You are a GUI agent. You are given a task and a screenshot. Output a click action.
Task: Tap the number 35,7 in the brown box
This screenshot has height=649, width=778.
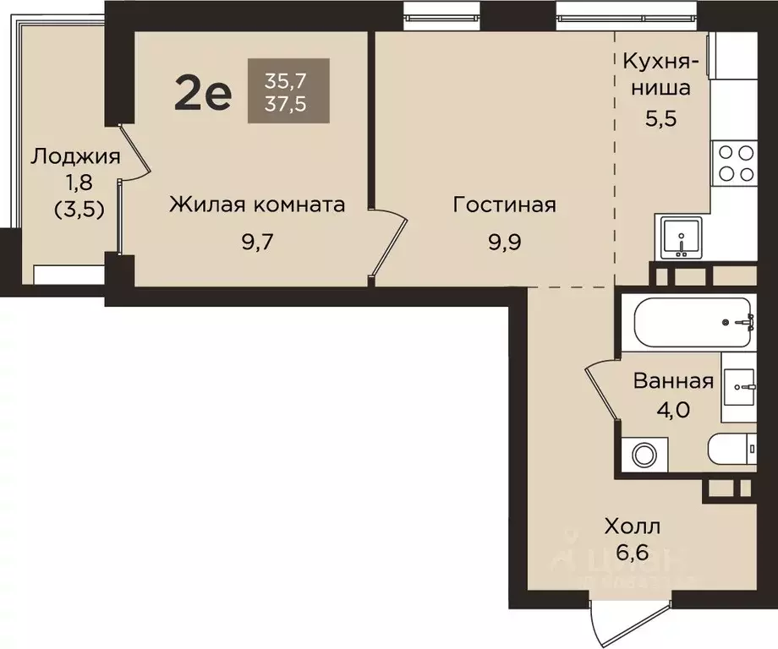coord(286,82)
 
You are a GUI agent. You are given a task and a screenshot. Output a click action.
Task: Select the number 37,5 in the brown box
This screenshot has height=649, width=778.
coord(286,106)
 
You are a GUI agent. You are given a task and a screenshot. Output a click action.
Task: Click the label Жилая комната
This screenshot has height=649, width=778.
coord(257,205)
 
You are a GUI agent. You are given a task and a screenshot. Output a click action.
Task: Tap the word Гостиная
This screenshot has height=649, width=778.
coord(504,205)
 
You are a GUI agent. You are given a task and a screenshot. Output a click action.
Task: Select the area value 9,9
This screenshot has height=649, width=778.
coord(504,243)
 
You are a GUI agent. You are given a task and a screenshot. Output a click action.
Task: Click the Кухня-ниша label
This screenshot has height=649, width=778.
coord(661,74)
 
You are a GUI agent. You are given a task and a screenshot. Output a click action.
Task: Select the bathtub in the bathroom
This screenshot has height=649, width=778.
coord(693,322)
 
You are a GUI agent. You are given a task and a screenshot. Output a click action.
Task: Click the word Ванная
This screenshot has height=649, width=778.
coord(674,381)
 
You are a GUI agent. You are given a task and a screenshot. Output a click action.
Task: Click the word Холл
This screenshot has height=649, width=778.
coord(633,527)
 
